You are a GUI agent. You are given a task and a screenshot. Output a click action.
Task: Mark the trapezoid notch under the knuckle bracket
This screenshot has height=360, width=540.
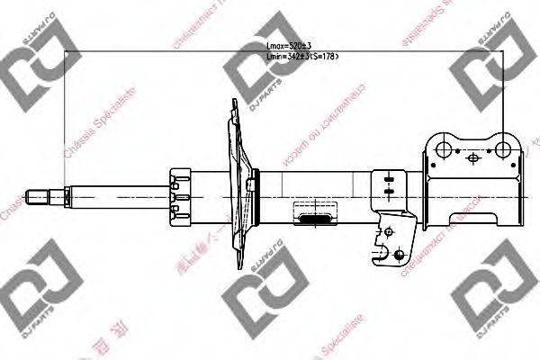(x=474, y=218)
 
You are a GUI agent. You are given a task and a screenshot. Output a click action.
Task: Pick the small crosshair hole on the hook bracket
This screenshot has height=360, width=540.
(x=388, y=232)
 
